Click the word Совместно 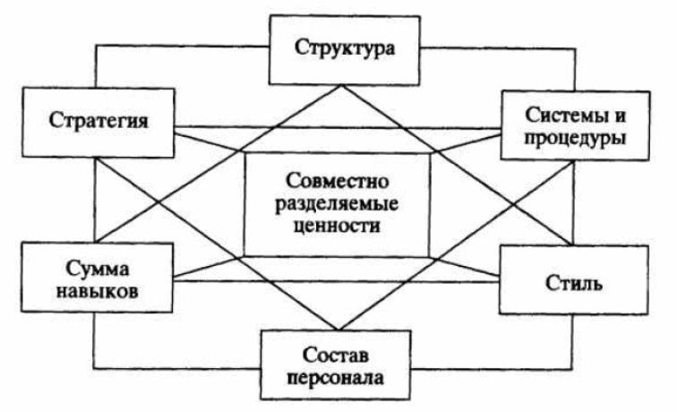point(338,178)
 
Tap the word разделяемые point(338,202)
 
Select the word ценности point(338,227)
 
